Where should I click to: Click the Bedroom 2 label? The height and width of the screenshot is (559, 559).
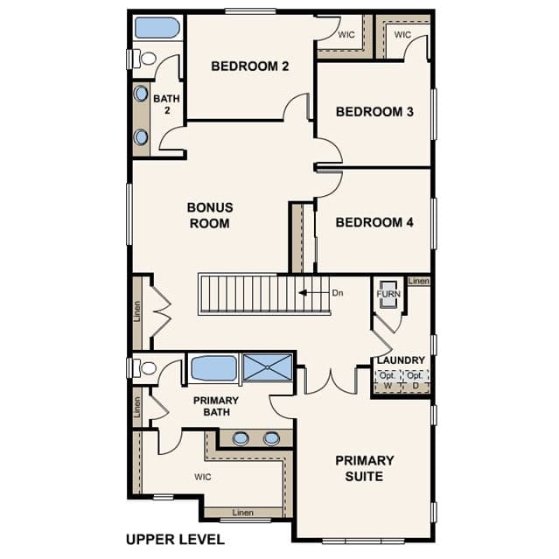coord(250,66)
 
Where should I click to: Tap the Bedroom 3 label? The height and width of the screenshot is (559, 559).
coord(374,112)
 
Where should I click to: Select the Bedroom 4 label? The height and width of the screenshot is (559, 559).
coord(374,222)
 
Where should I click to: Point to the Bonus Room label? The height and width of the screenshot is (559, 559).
coord(210,215)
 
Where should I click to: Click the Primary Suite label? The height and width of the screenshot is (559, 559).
coord(364,468)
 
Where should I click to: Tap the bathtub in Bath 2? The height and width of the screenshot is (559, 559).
coord(157,27)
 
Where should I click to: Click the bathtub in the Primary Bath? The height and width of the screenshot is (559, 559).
coord(214,368)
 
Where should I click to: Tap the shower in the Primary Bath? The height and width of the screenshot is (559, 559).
coord(267,367)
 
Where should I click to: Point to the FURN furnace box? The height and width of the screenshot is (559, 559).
coord(388,294)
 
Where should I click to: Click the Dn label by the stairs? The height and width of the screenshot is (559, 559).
coord(338,293)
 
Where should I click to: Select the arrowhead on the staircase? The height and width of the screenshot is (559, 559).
coord(303,293)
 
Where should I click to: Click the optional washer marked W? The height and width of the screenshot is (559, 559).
coord(388,381)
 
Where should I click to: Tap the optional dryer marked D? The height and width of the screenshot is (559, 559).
coord(416,381)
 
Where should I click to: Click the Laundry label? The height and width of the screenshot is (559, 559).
coord(401,360)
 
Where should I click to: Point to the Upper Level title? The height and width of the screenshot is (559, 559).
coord(176,540)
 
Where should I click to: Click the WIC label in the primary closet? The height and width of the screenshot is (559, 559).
coord(202,477)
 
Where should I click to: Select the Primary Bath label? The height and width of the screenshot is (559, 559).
coord(216,406)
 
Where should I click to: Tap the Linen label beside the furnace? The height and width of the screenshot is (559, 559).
coord(419,282)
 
